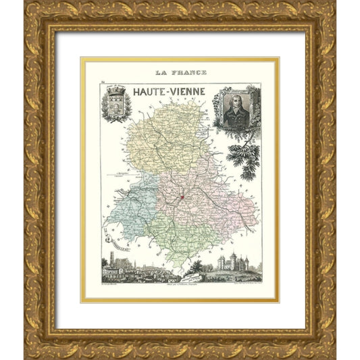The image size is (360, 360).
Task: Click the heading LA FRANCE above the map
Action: click(180, 72)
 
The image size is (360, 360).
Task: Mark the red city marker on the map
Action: click(181, 197)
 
